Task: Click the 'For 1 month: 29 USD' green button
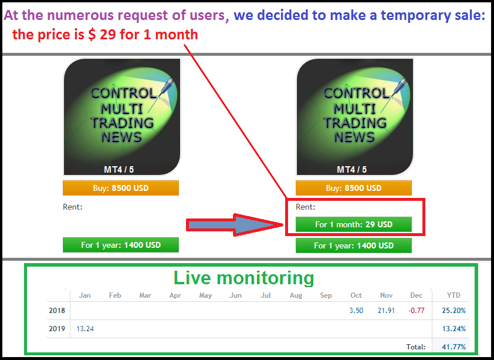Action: click(x=354, y=224)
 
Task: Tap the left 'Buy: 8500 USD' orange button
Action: click(x=121, y=188)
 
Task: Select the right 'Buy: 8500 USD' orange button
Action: click(x=354, y=188)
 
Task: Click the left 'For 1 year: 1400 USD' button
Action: click(x=121, y=245)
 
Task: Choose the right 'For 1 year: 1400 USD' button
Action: click(x=354, y=245)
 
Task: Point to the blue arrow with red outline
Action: click(x=235, y=225)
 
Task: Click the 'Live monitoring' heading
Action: click(x=244, y=278)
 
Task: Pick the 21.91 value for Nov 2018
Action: click(x=386, y=311)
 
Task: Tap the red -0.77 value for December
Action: click(x=416, y=311)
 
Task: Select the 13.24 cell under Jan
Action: click(x=85, y=329)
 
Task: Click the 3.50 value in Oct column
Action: click(x=356, y=311)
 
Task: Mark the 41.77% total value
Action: click(x=454, y=347)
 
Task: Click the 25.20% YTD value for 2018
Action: click(x=454, y=311)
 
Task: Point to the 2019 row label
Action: click(x=57, y=329)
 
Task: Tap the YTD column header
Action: click(x=454, y=295)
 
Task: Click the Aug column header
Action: click(x=296, y=295)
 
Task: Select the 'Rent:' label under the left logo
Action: click(x=73, y=207)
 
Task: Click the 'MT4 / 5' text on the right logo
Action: click(x=351, y=170)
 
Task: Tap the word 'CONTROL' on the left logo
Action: click(x=124, y=93)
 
